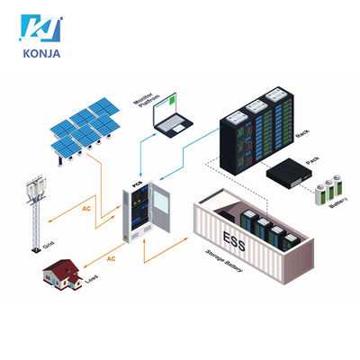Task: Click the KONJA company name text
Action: [x=41, y=54]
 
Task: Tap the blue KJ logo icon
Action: [x=40, y=28]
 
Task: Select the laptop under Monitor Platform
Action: [x=172, y=115]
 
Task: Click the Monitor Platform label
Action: [x=146, y=101]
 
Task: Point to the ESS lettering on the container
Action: [x=234, y=241]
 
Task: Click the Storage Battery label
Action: [x=224, y=261]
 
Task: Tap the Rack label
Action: [x=302, y=133]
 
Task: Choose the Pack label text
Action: [x=312, y=160]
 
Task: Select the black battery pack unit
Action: [x=290, y=174]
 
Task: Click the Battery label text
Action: [x=338, y=202]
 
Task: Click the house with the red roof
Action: [x=63, y=274]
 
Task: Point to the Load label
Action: [x=92, y=279]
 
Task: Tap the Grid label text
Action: [x=49, y=245]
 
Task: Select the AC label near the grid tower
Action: [x=86, y=209]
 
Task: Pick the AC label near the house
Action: [x=111, y=258]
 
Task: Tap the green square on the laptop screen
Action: [x=172, y=100]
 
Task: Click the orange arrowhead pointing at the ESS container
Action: [x=186, y=238]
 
